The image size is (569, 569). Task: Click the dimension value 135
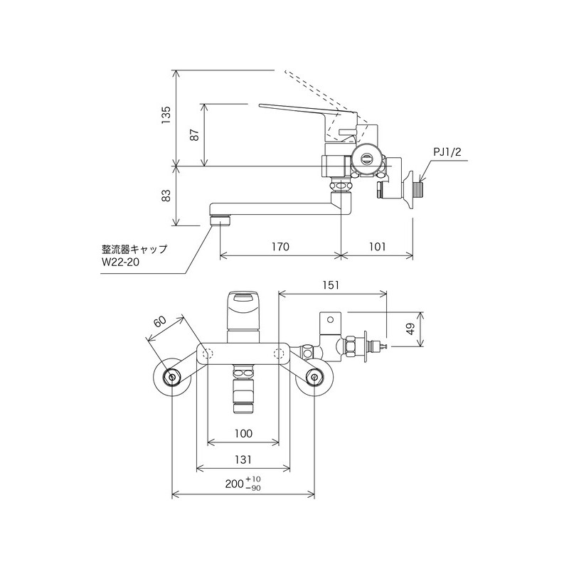click(166, 115)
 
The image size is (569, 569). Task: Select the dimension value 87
click(194, 135)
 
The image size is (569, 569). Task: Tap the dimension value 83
click(166, 196)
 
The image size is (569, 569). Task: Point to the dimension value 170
click(280, 247)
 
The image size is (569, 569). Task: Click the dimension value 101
click(377, 247)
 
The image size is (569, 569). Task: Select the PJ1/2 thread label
click(447, 152)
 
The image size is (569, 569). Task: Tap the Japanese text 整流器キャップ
click(134, 249)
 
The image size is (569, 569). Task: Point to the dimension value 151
click(332, 284)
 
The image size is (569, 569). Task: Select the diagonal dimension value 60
click(159, 323)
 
